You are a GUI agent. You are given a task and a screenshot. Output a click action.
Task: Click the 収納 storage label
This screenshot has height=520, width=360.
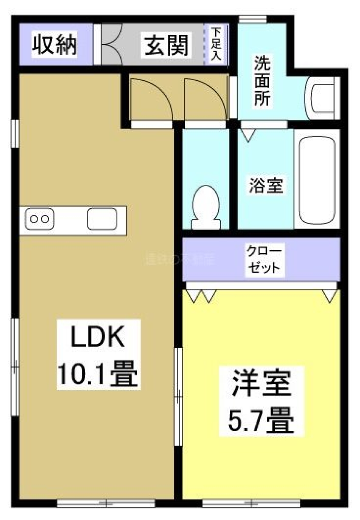(x=55, y=45)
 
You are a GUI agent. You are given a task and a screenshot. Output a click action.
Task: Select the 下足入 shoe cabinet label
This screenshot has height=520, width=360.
(x=216, y=44)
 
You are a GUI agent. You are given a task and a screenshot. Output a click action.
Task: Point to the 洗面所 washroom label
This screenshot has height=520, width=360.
(x=262, y=81)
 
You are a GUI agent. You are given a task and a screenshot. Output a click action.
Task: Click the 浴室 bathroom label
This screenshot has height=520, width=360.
(x=266, y=185)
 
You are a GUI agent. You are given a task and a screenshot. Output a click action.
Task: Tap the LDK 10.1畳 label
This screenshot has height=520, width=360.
(x=98, y=354)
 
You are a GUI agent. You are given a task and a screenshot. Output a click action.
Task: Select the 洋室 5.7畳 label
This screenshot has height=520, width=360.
(x=261, y=401)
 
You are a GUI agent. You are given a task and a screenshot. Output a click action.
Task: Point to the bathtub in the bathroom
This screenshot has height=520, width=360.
(x=317, y=179)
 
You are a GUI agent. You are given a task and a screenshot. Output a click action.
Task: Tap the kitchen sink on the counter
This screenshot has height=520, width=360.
(x=102, y=219)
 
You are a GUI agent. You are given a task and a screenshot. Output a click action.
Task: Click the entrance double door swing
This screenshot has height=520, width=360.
(x=111, y=44)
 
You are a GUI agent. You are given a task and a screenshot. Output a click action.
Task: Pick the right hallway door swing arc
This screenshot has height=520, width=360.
(x=205, y=99)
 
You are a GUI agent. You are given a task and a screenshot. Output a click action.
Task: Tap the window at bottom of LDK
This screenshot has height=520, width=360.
(x=106, y=503)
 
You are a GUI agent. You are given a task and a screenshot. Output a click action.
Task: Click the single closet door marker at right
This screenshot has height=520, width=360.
(x=330, y=296)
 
